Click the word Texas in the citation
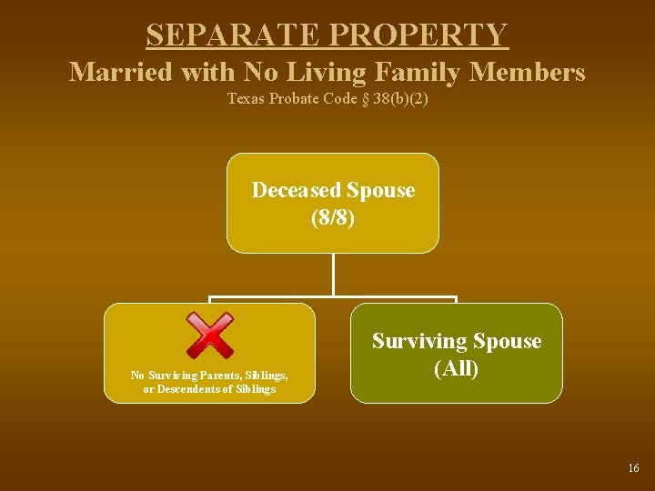244,98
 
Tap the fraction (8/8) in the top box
333,219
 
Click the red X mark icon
209,335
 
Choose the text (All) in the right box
457,369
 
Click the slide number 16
633,468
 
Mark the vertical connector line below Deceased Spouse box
333,275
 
